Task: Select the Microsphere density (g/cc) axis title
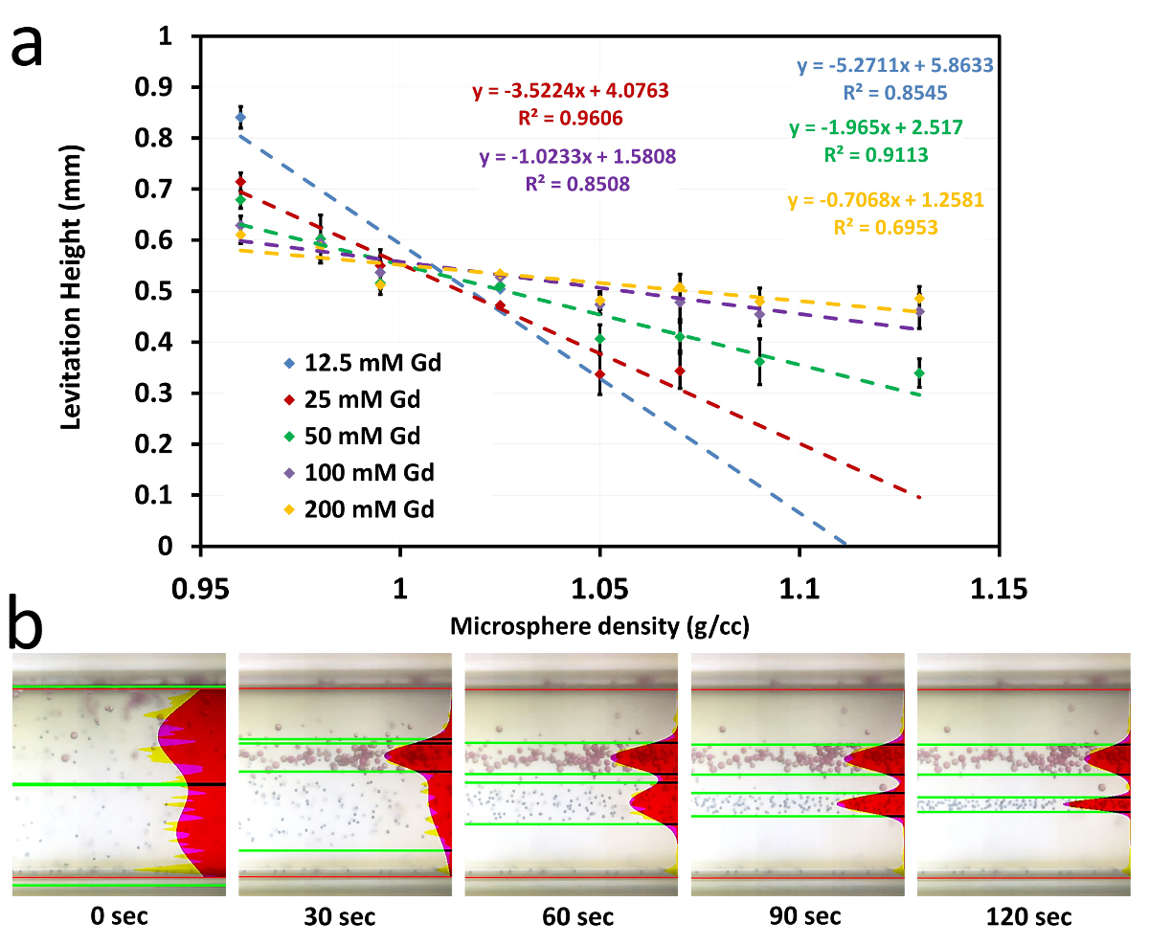(x=599, y=627)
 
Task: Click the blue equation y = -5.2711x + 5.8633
(x=895, y=66)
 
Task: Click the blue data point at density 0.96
(x=240, y=118)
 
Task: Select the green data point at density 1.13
(x=919, y=372)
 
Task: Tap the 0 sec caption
(x=119, y=917)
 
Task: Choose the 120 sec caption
(x=1024, y=917)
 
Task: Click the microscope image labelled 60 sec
(x=571, y=774)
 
